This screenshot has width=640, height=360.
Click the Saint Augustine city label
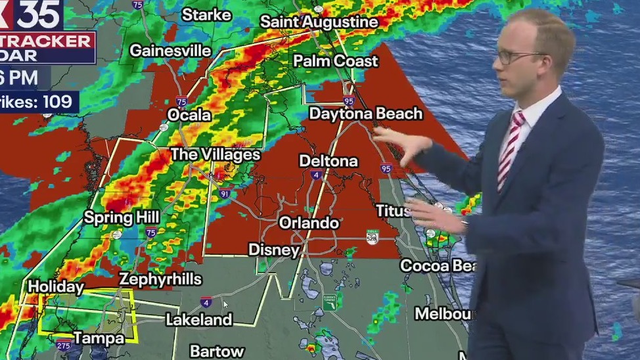[x=319, y=22]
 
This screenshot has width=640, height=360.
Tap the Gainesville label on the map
[x=170, y=51]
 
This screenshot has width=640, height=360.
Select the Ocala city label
[x=189, y=115]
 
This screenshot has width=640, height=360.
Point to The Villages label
[x=216, y=155]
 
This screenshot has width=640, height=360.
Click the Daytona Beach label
[x=365, y=114]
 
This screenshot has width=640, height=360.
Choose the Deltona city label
[x=329, y=161]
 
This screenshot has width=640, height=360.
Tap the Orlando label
[x=309, y=223]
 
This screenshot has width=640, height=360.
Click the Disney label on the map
[x=273, y=250]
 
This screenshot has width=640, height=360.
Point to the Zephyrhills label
[x=160, y=279]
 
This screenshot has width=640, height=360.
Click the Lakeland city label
[x=198, y=320]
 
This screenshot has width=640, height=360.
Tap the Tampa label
[x=99, y=338]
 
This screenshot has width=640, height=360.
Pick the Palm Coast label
[x=336, y=61]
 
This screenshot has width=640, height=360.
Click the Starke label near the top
[x=206, y=14]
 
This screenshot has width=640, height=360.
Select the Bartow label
[x=217, y=351]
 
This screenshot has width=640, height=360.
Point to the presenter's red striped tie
[x=510, y=150]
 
